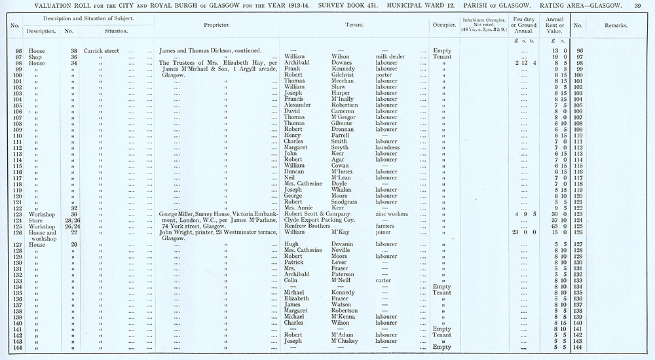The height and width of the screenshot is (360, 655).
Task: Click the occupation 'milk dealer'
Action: click(390, 57)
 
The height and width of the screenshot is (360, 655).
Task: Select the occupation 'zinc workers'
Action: click(393, 214)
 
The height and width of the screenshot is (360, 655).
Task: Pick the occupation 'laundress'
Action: click(389, 147)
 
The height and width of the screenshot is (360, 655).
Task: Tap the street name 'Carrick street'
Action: click(102, 50)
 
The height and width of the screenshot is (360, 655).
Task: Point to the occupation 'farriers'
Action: click(386, 226)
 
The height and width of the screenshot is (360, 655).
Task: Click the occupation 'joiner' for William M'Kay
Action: click(384, 232)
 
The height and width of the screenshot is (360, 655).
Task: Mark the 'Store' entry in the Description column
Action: click(35, 220)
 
